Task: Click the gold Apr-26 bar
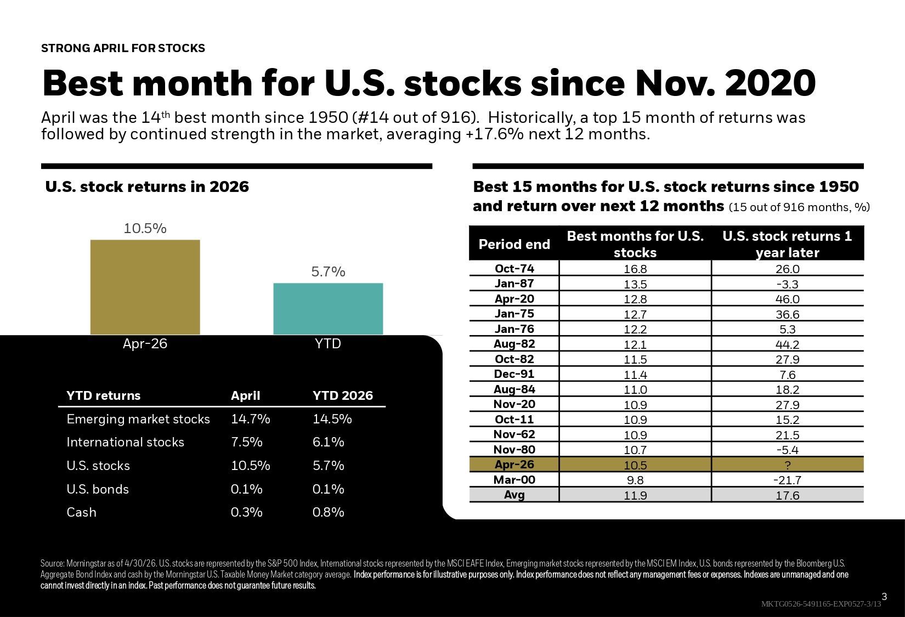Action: click(145, 287)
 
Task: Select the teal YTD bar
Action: click(328, 309)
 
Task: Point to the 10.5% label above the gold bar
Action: click(145, 228)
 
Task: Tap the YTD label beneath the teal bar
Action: click(328, 343)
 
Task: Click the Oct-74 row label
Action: click(514, 268)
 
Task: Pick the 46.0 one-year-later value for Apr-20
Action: click(788, 299)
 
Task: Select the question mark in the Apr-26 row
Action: click(788, 465)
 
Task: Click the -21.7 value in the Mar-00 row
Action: click(788, 480)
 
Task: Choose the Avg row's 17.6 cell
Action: click(788, 495)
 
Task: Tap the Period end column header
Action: click(514, 244)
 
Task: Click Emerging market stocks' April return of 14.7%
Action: click(251, 419)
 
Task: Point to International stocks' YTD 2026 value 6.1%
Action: click(329, 442)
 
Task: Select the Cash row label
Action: click(82, 512)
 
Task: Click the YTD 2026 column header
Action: click(343, 395)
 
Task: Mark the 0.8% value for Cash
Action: click(329, 512)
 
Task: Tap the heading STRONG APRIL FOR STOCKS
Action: click(123, 48)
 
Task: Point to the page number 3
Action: click(884, 597)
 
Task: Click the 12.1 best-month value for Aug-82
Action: click(635, 344)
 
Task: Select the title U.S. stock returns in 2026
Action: click(147, 186)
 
